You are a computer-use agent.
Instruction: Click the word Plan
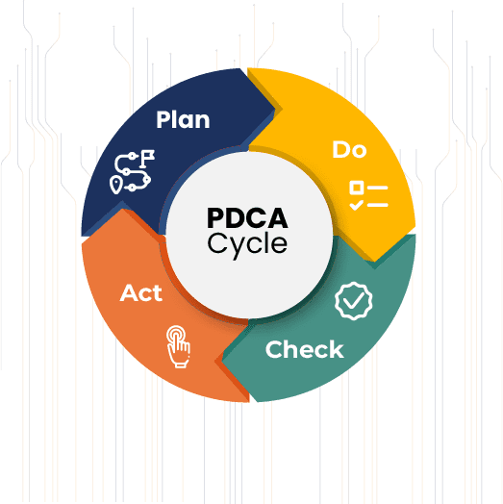pos(183,119)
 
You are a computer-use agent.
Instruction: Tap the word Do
pos(349,150)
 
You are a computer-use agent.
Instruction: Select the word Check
pos(304,349)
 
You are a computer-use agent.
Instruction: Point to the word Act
pos(141,292)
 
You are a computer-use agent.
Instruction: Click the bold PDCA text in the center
pos(247,218)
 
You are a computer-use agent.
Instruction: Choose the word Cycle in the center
pos(247,244)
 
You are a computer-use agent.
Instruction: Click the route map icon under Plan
pos(132,171)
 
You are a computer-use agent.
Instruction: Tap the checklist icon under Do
pos(368,196)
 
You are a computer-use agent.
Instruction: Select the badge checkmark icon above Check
pos(354,301)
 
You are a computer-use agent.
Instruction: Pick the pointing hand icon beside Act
pos(178,347)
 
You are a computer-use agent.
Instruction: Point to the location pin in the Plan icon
pos(115,185)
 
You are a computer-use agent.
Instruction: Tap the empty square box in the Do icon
pos(357,188)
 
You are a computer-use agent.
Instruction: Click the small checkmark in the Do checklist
pos(356,205)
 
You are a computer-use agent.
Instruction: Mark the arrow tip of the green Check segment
pos(222,362)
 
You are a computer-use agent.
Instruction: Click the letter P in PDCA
pos(216,218)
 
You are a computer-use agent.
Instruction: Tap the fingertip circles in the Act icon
pos(176,335)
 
